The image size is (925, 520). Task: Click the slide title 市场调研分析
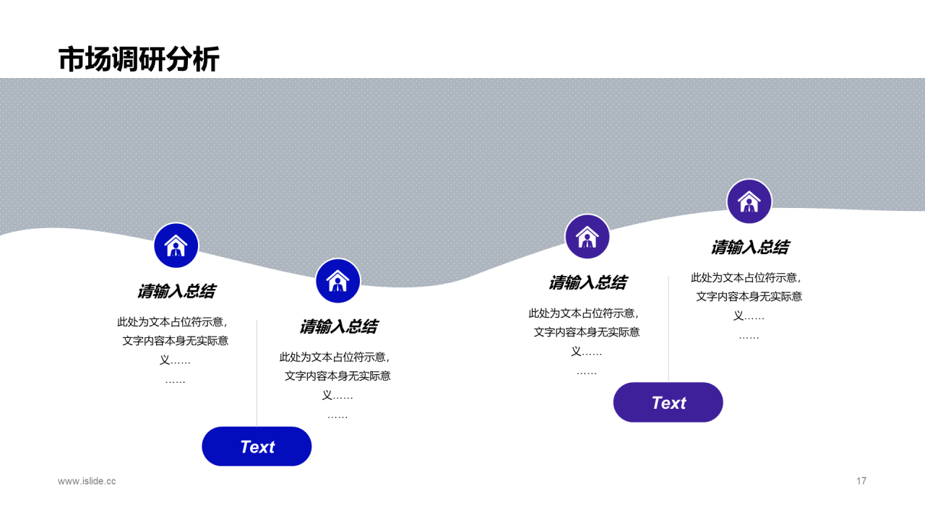pyautogui.click(x=138, y=59)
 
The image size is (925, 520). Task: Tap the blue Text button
pyautogui.click(x=257, y=446)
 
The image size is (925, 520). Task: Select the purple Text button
pyautogui.click(x=668, y=402)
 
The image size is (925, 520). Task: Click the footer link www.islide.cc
pyautogui.click(x=87, y=481)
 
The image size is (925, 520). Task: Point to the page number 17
pyautogui.click(x=861, y=481)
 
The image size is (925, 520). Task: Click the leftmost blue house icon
pyautogui.click(x=176, y=246)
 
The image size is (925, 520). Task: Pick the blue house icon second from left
pyautogui.click(x=337, y=281)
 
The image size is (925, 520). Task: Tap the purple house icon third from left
pyautogui.click(x=587, y=237)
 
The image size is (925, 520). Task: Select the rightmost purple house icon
pyautogui.click(x=749, y=201)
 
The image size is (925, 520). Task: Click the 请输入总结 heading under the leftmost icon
pyautogui.click(x=176, y=291)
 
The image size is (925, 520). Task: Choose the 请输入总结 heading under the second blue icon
pyautogui.click(x=337, y=326)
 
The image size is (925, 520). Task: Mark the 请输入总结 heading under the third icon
pyautogui.click(x=587, y=282)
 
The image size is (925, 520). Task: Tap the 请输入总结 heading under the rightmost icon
pyautogui.click(x=749, y=247)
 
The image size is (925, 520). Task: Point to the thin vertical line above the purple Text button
pyautogui.click(x=668, y=329)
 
